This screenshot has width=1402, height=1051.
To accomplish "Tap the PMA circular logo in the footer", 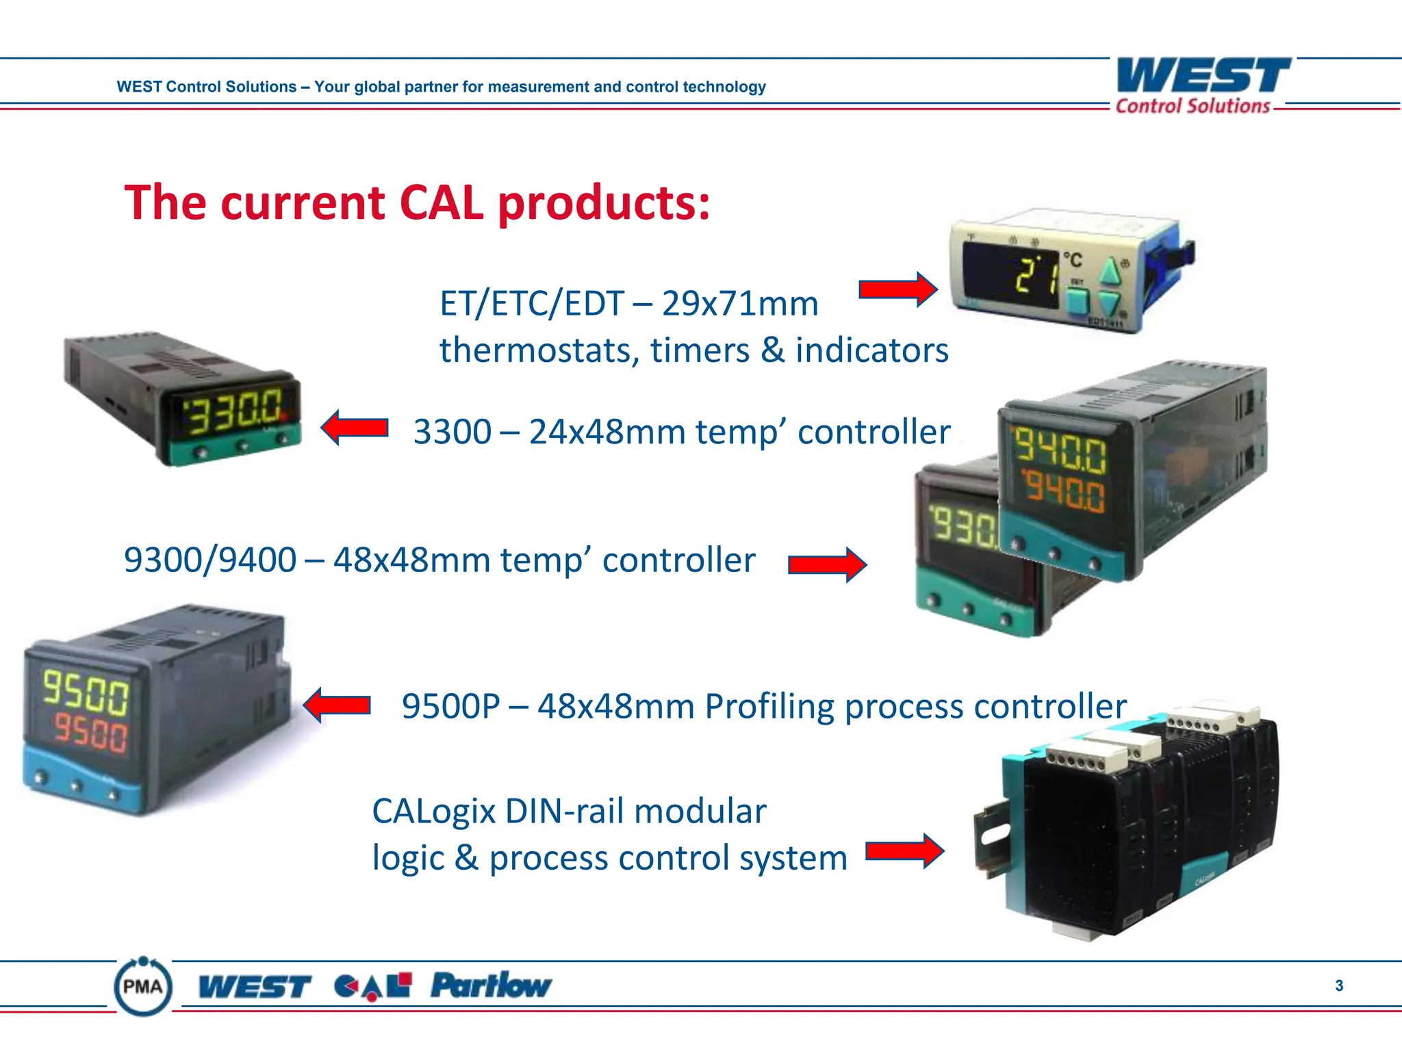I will coord(142,986).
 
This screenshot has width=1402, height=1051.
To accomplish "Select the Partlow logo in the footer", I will coord(490,985).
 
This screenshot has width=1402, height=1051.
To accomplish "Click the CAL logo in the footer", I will coord(372,986).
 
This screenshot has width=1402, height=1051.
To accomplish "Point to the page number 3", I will coord(1338,985).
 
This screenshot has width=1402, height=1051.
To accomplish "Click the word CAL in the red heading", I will coord(441,203).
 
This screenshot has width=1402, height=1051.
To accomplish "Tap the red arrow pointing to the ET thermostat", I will coord(897,289).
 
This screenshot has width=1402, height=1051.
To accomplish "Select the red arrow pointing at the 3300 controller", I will coord(355,428).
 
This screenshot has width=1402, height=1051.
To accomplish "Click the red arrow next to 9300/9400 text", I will coord(827,565).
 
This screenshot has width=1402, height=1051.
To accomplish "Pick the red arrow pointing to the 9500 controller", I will coord(337,705).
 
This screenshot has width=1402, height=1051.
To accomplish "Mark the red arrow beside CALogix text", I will coord(904,851).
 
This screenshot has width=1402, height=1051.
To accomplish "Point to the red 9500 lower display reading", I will coord(90,733).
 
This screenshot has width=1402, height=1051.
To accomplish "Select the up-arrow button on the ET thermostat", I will coord(1109,271).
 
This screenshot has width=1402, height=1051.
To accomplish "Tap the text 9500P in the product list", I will coord(450,706).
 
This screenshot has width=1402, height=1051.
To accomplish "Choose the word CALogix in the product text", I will coord(433,812).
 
